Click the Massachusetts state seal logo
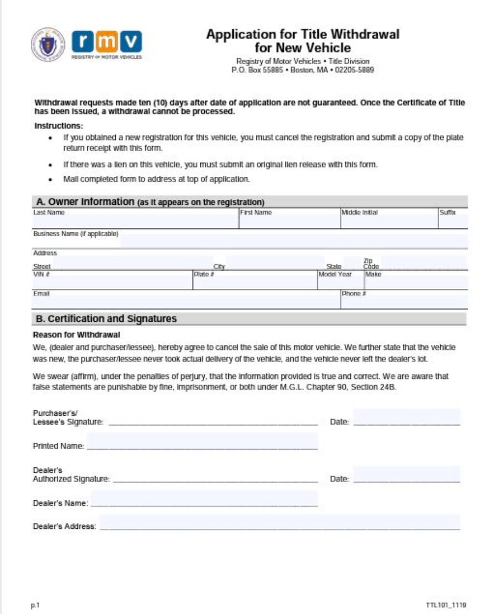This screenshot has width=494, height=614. [48, 44]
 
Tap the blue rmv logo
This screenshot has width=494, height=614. [106, 42]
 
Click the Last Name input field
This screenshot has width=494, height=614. [135, 222]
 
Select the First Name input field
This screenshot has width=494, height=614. [289, 222]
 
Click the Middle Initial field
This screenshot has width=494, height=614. [388, 222]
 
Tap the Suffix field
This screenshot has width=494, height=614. [452, 222]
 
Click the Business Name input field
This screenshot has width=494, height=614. [293, 241]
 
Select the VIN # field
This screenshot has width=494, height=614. [112, 282]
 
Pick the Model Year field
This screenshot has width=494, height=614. [340, 282]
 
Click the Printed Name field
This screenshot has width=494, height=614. [202, 441]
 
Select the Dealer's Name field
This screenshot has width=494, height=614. [204, 498]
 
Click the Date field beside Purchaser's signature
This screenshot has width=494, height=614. [406, 417]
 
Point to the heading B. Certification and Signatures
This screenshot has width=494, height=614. [106, 319]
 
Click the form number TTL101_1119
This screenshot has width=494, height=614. [445, 605]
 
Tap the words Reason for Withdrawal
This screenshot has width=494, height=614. [76, 334]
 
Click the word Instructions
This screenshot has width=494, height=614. [59, 126]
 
